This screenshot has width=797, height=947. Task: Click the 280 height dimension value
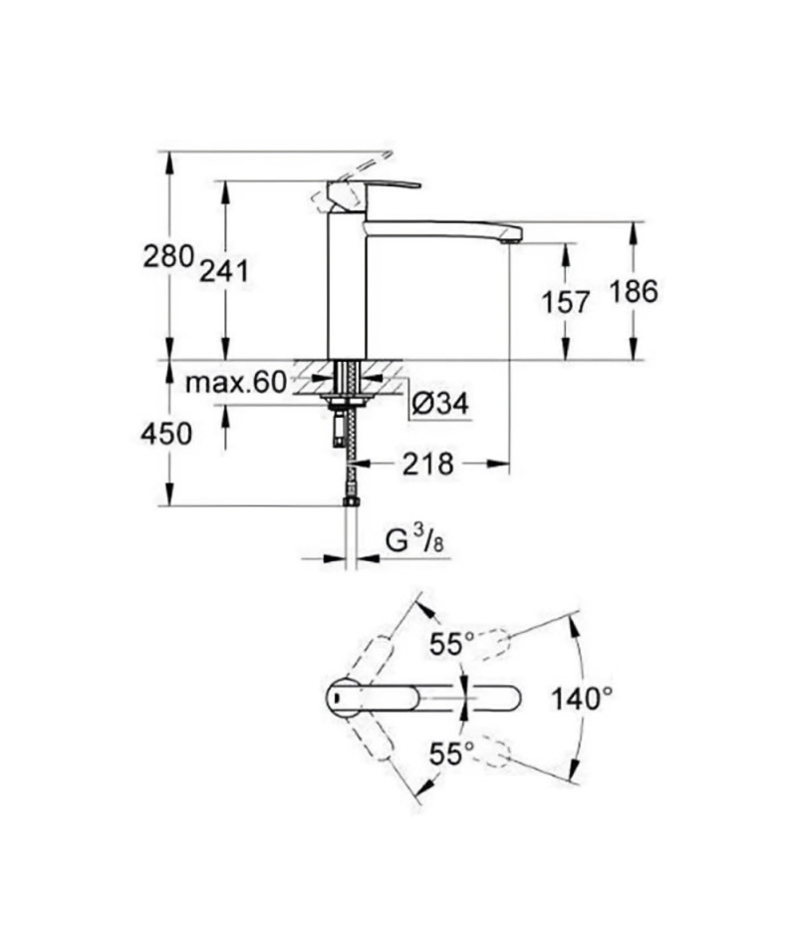(x=167, y=256)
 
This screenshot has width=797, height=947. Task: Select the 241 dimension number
(x=224, y=272)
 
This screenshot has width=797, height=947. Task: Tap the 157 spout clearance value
(x=565, y=302)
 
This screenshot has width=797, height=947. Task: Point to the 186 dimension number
(x=634, y=292)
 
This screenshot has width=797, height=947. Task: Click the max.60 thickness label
(x=235, y=383)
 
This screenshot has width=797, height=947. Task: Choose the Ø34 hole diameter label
(x=440, y=404)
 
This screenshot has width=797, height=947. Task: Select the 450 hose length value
(x=166, y=434)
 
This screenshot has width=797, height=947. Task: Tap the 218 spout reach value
(x=427, y=464)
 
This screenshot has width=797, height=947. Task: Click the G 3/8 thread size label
(x=415, y=541)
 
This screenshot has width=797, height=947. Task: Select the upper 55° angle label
(x=451, y=644)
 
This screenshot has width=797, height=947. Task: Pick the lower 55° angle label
(x=451, y=754)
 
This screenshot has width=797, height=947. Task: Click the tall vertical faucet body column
(x=347, y=284)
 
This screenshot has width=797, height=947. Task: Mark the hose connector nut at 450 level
(x=351, y=501)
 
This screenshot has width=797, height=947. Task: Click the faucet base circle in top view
(x=344, y=699)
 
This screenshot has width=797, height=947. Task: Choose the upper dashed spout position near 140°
(x=495, y=643)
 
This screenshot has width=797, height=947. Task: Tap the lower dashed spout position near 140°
(x=495, y=754)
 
